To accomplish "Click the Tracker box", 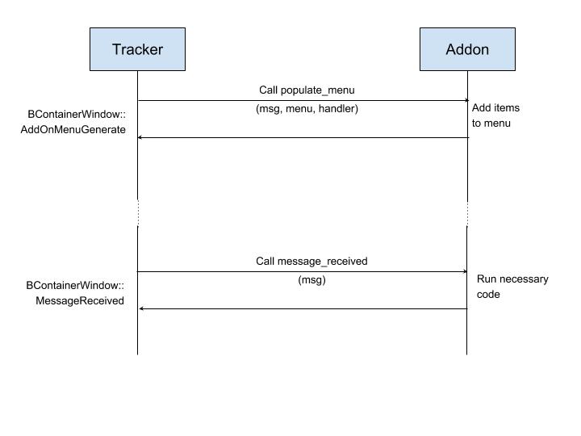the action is click(137, 49).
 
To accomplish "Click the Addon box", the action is click(467, 49).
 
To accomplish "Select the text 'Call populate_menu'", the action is click(307, 90).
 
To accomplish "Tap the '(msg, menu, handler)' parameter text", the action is click(307, 109).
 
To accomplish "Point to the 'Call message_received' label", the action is click(311, 262).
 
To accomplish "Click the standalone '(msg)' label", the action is click(311, 280).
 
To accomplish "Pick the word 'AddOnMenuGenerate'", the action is click(73, 130).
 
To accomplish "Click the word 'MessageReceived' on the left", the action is click(80, 300).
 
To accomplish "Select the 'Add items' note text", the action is click(495, 108).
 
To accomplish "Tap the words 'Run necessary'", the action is click(512, 279).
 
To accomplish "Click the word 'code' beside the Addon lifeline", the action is click(488, 295).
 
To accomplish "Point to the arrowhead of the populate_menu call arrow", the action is click(467, 100).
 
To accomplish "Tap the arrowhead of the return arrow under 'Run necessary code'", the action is click(140, 308).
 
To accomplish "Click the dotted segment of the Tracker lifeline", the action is click(138, 213).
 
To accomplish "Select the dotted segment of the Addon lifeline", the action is click(467, 214).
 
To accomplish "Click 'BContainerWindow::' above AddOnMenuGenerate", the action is click(77, 114).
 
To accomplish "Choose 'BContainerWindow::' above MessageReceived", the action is click(75, 286).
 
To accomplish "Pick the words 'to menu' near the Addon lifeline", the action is click(491, 124).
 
